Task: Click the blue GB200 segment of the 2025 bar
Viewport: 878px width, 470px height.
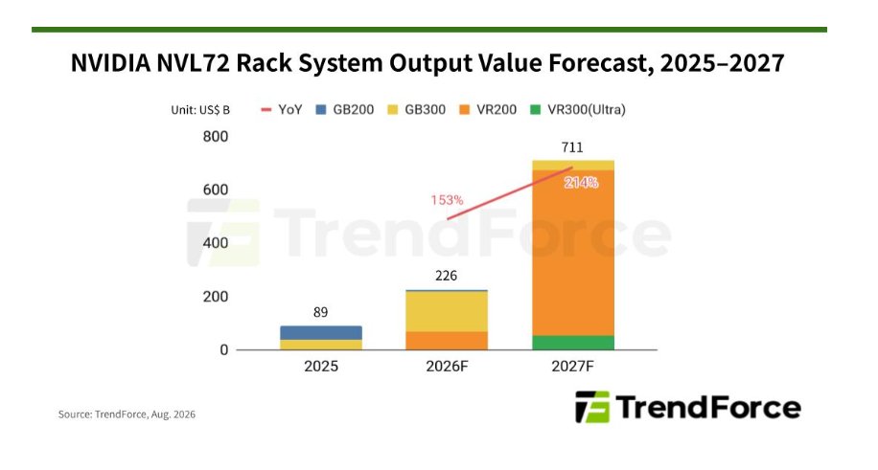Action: (321, 333)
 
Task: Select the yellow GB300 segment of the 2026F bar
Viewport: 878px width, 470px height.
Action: (447, 312)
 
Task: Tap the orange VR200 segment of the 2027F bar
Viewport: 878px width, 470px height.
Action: (573, 253)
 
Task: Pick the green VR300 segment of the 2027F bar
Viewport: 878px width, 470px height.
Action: (573, 343)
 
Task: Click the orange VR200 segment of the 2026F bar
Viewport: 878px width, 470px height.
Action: (447, 342)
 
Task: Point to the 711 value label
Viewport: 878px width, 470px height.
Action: (572, 147)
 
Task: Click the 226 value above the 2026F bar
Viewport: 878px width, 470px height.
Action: (447, 276)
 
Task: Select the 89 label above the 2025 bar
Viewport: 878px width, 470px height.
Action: (321, 312)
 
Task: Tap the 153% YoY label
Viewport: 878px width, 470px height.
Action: (447, 200)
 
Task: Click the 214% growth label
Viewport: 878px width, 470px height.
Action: (581, 183)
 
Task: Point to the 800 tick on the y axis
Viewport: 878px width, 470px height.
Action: (216, 137)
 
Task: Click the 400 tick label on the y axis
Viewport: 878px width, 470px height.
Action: (216, 243)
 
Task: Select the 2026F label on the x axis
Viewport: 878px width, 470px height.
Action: (447, 367)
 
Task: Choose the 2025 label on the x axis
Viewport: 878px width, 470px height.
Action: (321, 367)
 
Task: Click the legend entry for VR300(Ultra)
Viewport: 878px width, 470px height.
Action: (578, 110)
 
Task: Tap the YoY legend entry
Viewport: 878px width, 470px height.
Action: (282, 110)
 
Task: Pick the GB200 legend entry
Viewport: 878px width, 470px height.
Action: (345, 110)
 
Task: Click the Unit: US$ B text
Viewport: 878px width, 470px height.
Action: (200, 110)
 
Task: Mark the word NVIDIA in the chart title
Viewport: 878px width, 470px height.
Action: (111, 63)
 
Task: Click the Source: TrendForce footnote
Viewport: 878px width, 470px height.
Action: (127, 414)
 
